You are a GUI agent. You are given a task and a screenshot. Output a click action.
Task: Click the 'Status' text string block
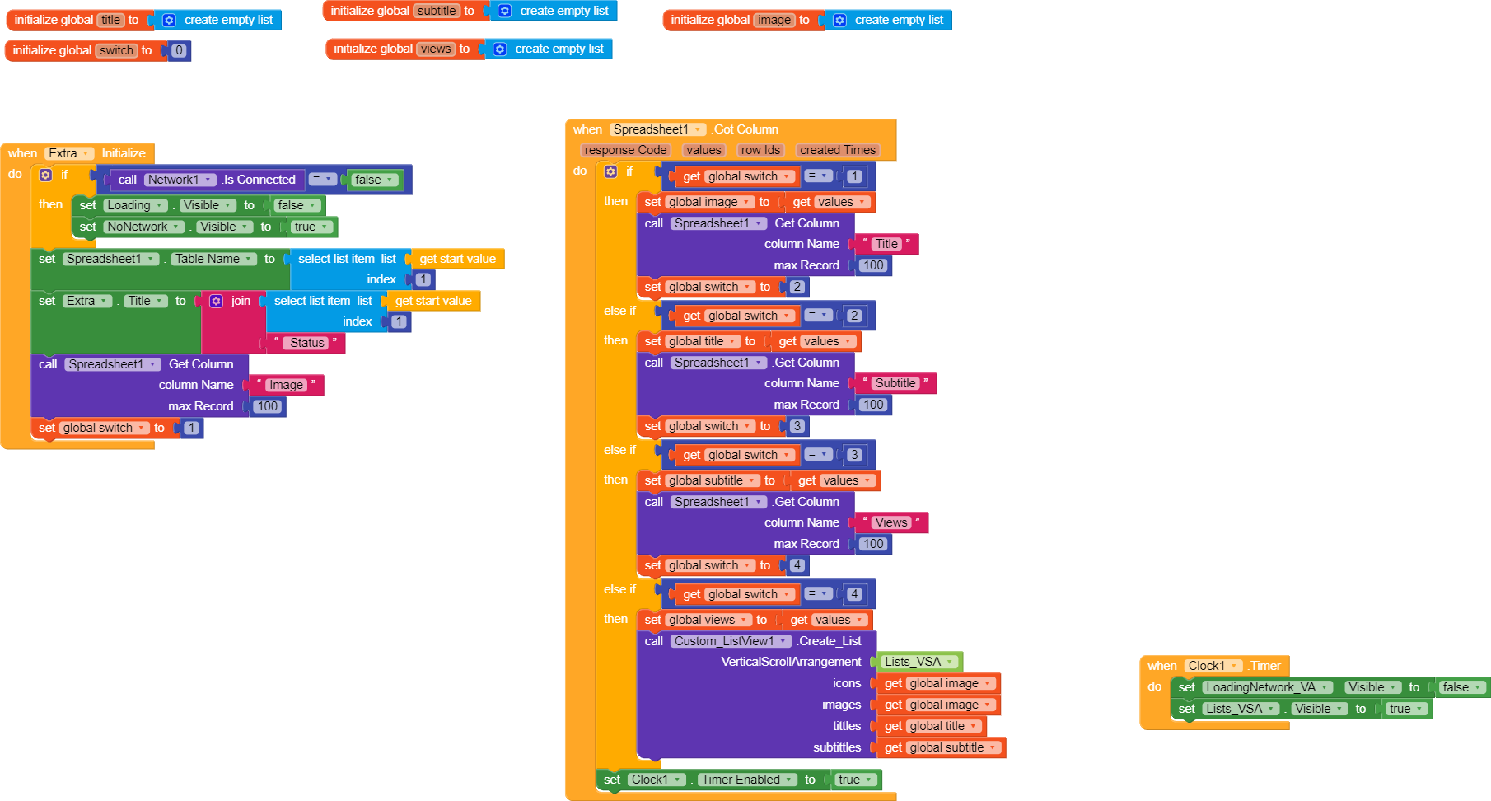click(x=306, y=343)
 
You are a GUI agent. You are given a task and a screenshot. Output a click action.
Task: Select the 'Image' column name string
click(x=286, y=385)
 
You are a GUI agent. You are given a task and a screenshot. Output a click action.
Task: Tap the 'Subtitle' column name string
click(x=895, y=383)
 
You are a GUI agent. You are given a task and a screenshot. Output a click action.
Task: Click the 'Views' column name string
click(x=891, y=522)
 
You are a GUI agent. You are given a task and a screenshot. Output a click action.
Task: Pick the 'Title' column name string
click(x=886, y=244)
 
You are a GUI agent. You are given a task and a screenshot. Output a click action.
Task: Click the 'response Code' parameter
click(x=625, y=150)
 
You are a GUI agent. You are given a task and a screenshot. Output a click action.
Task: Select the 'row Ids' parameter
click(x=760, y=150)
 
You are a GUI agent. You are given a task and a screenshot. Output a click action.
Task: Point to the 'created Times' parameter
click(x=838, y=150)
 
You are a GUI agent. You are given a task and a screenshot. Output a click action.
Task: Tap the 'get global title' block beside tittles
click(x=932, y=726)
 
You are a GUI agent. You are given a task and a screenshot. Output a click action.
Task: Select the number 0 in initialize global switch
click(x=179, y=50)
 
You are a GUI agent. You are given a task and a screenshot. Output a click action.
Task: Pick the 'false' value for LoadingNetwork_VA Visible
click(x=1461, y=687)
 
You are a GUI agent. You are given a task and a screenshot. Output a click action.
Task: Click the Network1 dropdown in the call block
click(x=180, y=180)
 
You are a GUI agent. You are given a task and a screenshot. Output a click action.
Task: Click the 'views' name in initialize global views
click(x=436, y=49)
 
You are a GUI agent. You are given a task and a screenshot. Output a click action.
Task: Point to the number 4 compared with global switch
click(x=855, y=594)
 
